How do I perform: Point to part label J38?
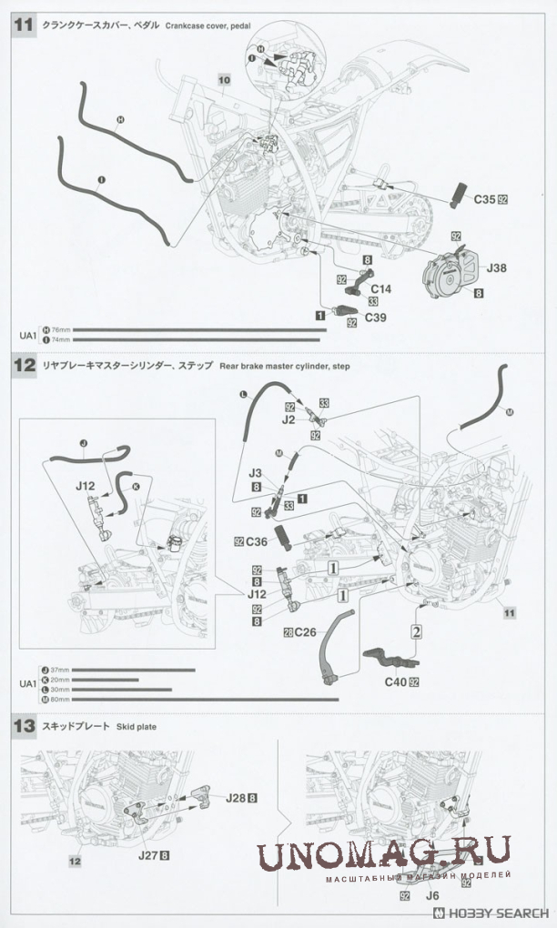[x=497, y=267]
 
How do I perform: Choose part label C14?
[x=380, y=288]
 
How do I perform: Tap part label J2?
[x=289, y=420]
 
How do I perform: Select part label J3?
[x=256, y=472]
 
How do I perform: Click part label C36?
[x=256, y=541]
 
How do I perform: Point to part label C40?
[x=393, y=681]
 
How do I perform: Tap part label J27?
[x=148, y=855]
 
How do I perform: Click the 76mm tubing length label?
[x=59, y=329]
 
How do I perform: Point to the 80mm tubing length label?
[x=59, y=700]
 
